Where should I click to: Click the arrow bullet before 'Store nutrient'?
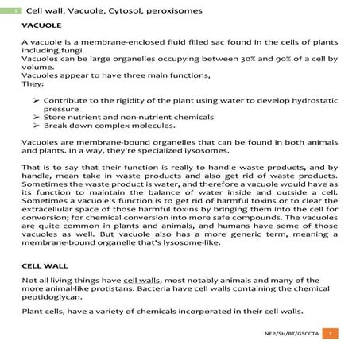(x=36, y=118)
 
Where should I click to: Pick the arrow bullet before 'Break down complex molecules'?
(x=36, y=126)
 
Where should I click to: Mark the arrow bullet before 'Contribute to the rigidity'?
(x=36, y=101)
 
